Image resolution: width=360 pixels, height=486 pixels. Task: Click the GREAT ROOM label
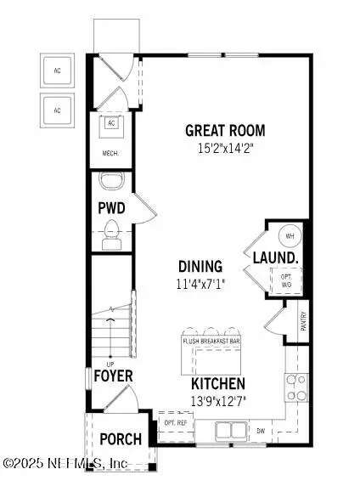[226, 131]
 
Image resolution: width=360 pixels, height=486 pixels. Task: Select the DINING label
[200, 266]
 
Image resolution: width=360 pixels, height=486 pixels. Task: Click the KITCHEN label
[218, 384]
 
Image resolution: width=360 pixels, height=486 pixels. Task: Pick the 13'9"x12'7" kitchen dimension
[218, 400]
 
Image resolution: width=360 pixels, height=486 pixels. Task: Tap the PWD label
[111, 207]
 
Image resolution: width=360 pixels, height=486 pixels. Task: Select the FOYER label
[113, 376]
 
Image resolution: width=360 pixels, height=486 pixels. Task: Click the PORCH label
[120, 439]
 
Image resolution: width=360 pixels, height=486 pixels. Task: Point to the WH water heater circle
[289, 236]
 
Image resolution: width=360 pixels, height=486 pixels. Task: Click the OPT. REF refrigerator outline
[175, 423]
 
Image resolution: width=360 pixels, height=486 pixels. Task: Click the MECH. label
[110, 154]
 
